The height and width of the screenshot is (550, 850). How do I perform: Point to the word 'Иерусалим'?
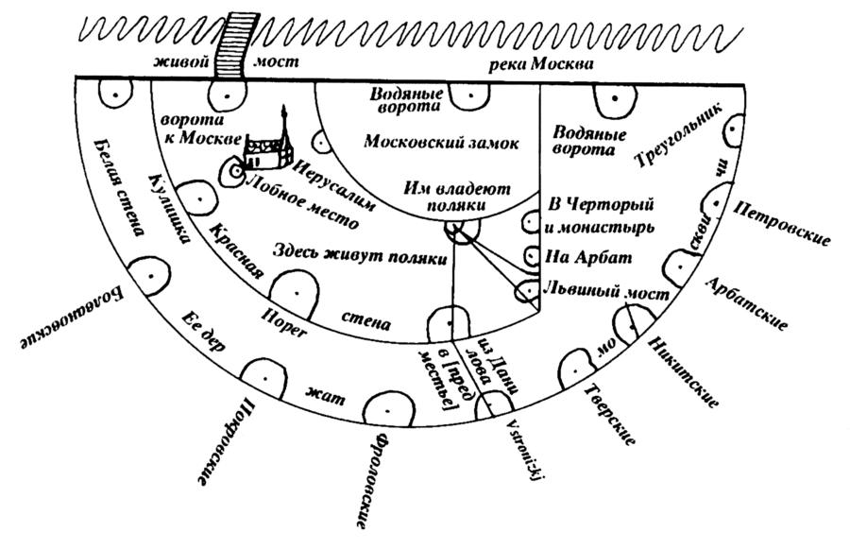pyautogui.click(x=334, y=185)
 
